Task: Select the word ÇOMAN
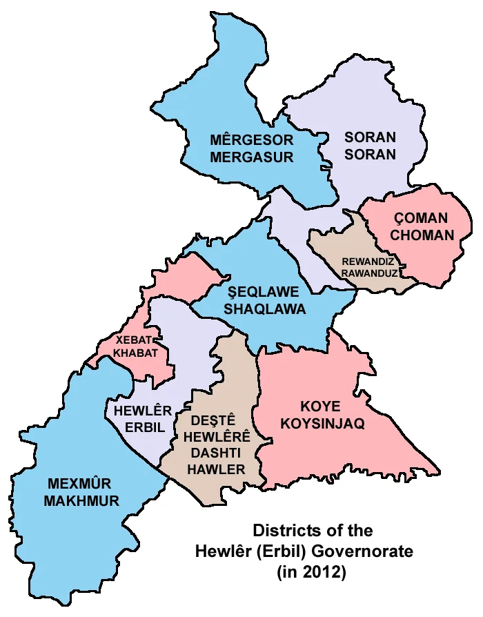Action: pyautogui.click(x=420, y=218)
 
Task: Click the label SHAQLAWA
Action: pyautogui.click(x=264, y=309)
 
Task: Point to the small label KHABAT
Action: pyautogui.click(x=135, y=353)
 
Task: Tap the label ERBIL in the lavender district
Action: pyautogui.click(x=145, y=428)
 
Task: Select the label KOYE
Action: pyautogui.click(x=322, y=407)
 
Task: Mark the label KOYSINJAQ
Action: pyautogui.click(x=322, y=424)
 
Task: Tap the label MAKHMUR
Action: pyautogui.click(x=81, y=501)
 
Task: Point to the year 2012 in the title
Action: pyautogui.click(x=323, y=571)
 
